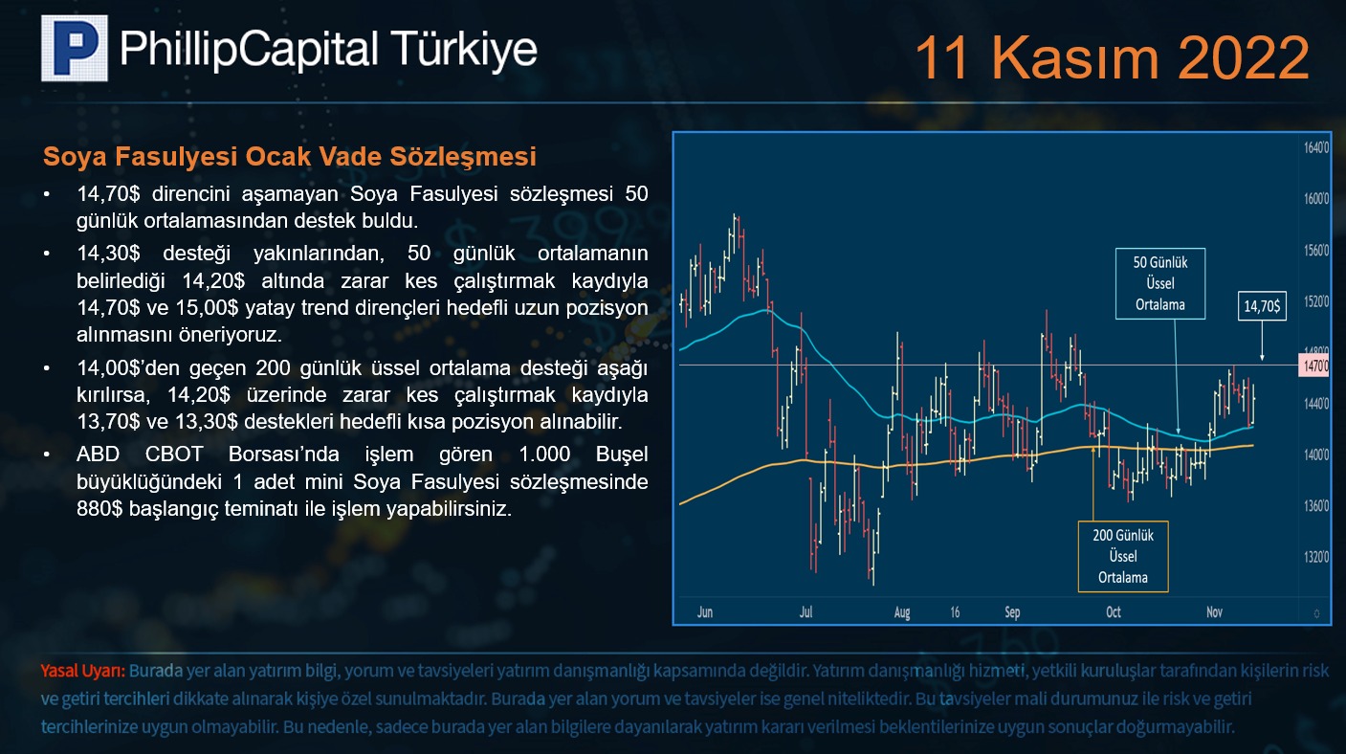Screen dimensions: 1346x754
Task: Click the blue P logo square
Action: pos(75,48)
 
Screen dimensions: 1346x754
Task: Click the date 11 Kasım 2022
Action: pos(1112,57)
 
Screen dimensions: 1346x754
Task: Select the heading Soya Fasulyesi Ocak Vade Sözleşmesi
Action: pos(290,156)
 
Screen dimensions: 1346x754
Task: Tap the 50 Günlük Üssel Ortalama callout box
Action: pos(1160,283)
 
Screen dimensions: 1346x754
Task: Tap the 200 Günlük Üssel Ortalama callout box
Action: pos(1123,556)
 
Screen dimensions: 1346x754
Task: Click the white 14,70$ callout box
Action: pos(1262,306)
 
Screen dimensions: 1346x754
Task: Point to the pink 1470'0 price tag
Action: pos(1314,366)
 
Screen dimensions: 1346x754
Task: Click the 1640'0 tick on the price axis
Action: pos(1316,147)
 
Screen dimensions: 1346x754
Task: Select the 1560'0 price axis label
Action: pos(1316,251)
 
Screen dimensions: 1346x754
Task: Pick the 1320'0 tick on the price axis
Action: pos(1316,557)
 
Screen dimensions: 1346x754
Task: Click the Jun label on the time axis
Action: pos(705,612)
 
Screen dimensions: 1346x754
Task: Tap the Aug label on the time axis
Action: pos(902,612)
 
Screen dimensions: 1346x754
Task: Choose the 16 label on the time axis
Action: pos(955,612)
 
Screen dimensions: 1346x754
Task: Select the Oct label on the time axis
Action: pos(1114,612)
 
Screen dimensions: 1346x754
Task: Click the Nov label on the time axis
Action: pos(1214,612)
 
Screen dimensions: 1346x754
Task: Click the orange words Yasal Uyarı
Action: pos(83,671)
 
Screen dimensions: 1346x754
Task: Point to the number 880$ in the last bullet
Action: pos(99,509)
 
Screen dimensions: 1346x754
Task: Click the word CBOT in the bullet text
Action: pos(174,455)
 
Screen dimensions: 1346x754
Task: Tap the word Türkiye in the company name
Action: pos(464,49)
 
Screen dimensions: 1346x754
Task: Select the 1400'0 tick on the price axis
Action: pos(1316,455)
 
